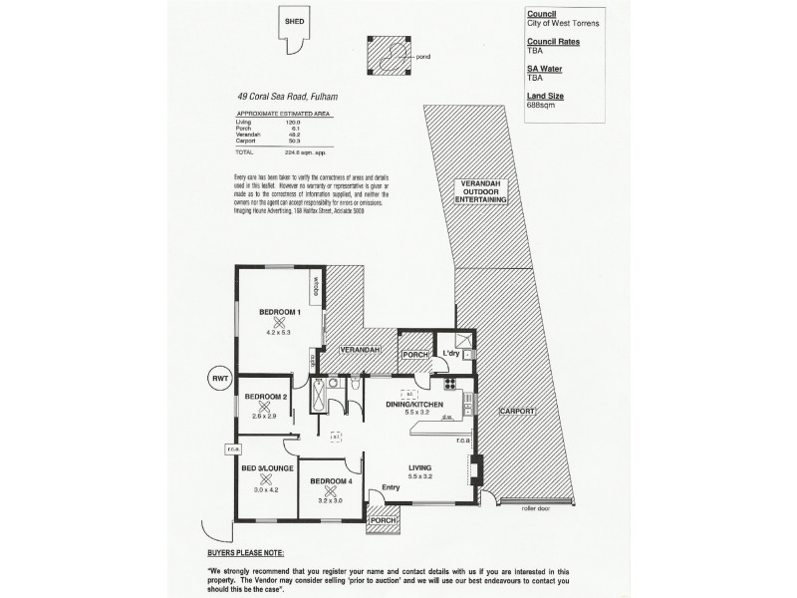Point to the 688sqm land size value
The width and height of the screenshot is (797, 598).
pyautogui.click(x=540, y=106)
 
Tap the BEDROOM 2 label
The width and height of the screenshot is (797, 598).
pyautogui.click(x=264, y=397)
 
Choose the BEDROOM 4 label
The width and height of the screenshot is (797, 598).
pyautogui.click(x=331, y=481)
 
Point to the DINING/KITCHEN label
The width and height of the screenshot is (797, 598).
pyautogui.click(x=420, y=403)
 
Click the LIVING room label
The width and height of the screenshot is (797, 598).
pyautogui.click(x=422, y=467)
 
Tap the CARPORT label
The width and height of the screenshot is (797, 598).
pyautogui.click(x=518, y=412)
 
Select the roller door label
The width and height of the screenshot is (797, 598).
pyautogui.click(x=536, y=508)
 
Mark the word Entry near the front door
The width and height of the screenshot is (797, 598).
pyautogui.click(x=378, y=487)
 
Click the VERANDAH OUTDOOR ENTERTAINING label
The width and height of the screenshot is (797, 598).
pyautogui.click(x=481, y=193)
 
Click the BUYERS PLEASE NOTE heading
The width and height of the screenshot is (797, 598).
pyautogui.click(x=245, y=551)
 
